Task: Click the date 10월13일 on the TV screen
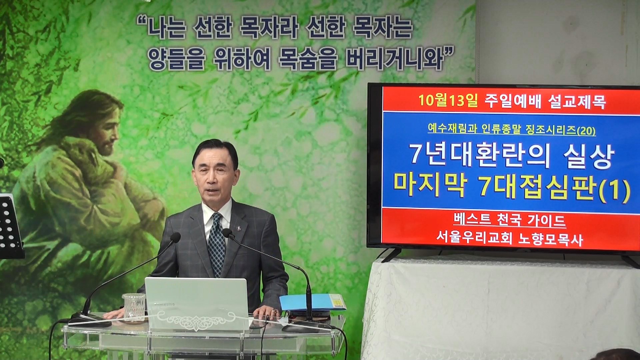pyautogui.click(x=448, y=101)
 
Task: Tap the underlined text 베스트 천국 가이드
pyautogui.click(x=510, y=221)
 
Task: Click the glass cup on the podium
pyautogui.click(x=134, y=307)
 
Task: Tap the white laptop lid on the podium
pyautogui.click(x=196, y=304)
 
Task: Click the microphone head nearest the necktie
pyautogui.click(x=228, y=233)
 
